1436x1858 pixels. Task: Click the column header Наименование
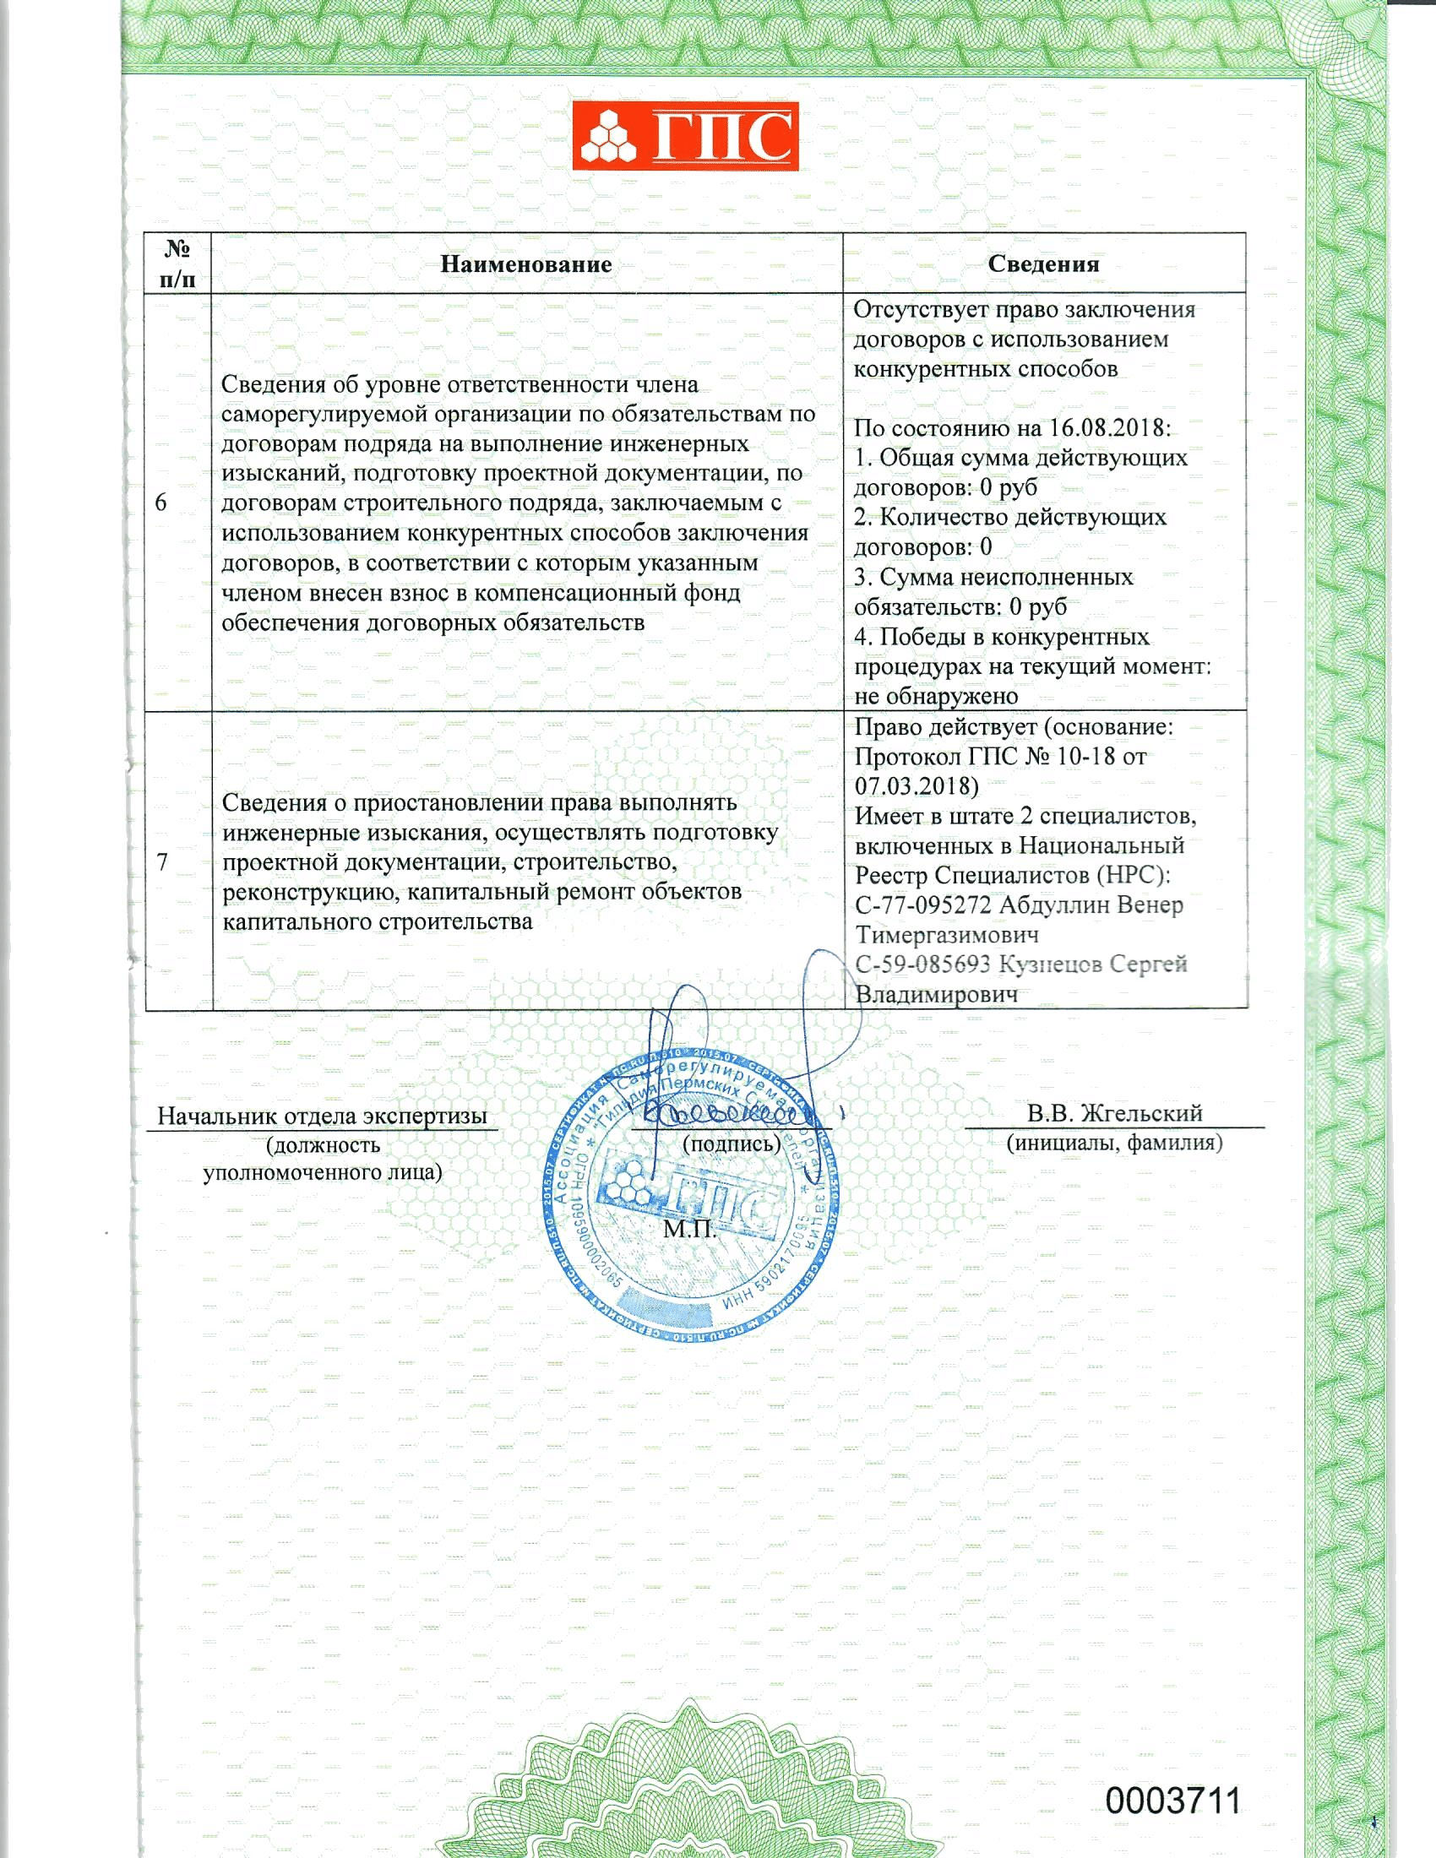pos(525,263)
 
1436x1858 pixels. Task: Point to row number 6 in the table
pos(161,503)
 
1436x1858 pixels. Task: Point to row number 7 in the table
pos(162,862)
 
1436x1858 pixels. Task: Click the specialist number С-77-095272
pos(924,905)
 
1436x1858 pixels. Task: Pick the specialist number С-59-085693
pos(924,964)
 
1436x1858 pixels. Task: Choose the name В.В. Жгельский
pos(1114,1114)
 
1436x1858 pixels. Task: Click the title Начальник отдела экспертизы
pos(323,1116)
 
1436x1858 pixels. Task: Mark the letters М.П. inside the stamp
pos(690,1230)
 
